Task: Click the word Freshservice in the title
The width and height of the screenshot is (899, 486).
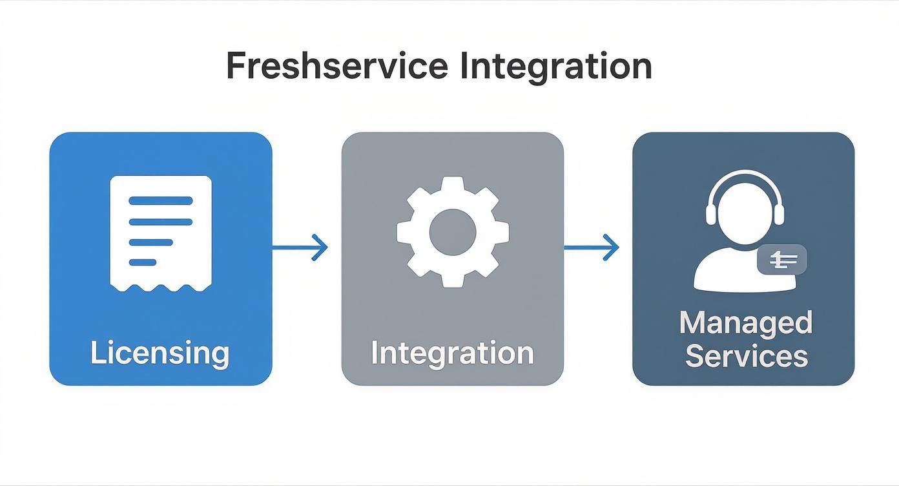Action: (x=336, y=66)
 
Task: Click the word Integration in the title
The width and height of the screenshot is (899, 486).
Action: (x=555, y=66)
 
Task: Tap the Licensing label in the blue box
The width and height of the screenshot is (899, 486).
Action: (x=160, y=353)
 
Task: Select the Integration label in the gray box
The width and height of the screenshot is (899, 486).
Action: (x=452, y=353)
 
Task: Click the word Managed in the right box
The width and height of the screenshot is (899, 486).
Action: (x=745, y=322)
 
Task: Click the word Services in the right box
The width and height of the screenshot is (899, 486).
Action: (x=746, y=355)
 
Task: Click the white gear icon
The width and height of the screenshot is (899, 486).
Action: (x=453, y=231)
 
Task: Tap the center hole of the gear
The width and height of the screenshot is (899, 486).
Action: (x=453, y=231)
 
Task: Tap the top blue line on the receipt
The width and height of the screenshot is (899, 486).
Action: (x=161, y=200)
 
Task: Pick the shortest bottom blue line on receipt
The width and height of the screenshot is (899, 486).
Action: (x=143, y=262)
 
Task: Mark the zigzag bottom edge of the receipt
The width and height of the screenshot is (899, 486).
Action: (x=161, y=286)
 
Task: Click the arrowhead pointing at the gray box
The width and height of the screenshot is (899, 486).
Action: (x=320, y=247)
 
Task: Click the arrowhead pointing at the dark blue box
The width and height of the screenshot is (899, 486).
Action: (x=612, y=247)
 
